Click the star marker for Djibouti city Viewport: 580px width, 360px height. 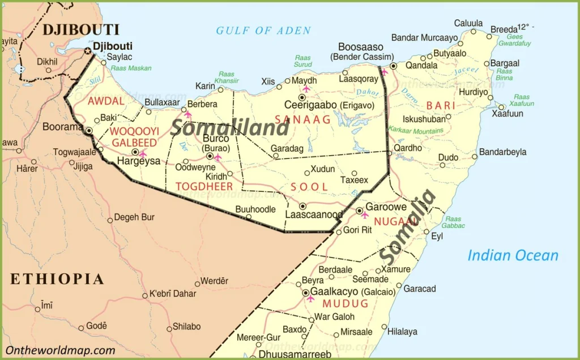tap(88, 51)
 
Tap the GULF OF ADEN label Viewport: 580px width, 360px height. tap(263, 31)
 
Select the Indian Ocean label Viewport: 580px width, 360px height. tap(513, 255)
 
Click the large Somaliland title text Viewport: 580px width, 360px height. tap(229, 127)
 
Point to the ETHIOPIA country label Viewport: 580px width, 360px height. tap(57, 278)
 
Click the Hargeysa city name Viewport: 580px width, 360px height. tap(138, 161)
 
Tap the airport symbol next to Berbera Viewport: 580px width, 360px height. tap(188, 114)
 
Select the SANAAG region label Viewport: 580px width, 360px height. tap(302, 119)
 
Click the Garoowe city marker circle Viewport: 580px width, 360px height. tap(360, 211)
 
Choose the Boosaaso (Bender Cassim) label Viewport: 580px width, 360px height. tap(361, 52)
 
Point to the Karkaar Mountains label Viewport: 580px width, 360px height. tap(416, 130)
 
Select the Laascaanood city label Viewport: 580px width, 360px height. tap(314, 215)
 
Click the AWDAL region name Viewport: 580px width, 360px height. tap(105, 101)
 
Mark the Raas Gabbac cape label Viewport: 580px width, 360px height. tap(453, 222)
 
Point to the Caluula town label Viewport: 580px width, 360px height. tap(468, 23)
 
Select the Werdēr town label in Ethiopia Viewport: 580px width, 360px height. tap(215, 281)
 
